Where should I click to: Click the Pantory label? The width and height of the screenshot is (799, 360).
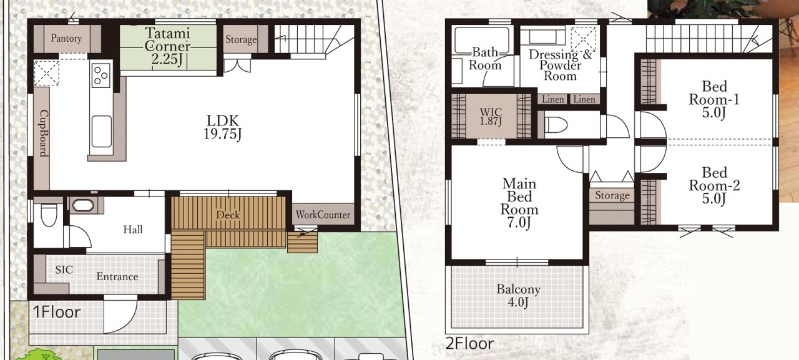[66, 38]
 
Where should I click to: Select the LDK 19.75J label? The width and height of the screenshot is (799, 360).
[223, 127]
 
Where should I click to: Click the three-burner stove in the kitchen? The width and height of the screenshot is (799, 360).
[101, 75]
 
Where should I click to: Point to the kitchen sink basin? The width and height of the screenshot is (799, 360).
[102, 131]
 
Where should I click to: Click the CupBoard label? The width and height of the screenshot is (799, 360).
[44, 133]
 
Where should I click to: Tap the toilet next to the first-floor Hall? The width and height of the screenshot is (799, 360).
[49, 215]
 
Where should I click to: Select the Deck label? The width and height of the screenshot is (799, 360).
[228, 215]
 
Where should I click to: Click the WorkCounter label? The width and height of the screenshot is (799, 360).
[323, 215]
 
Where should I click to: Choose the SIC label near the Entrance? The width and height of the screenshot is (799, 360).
[64, 270]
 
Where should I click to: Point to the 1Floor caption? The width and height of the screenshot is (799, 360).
[57, 312]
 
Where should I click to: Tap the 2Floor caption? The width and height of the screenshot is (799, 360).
[470, 344]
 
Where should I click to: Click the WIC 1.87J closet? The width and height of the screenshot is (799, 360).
[491, 116]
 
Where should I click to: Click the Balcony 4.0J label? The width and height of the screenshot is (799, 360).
[518, 296]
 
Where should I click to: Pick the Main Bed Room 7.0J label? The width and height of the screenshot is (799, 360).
[519, 203]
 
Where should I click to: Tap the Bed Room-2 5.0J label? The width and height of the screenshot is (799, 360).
[715, 186]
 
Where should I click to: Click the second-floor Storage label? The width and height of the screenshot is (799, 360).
[612, 195]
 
